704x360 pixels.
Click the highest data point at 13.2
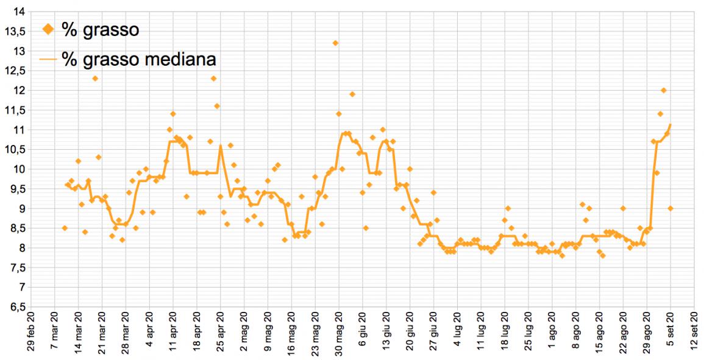pos(335,43)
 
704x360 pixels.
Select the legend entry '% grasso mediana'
pos(140,60)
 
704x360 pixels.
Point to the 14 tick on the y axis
pos(19,12)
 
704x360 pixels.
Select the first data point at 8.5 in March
pos(65,228)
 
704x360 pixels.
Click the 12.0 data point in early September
pos(664,90)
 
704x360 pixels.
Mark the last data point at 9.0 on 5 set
pos(670,208)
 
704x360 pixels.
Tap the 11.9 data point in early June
pos(352,94)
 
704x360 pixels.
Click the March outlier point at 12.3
pos(95,79)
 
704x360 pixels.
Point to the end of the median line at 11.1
pos(670,125)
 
